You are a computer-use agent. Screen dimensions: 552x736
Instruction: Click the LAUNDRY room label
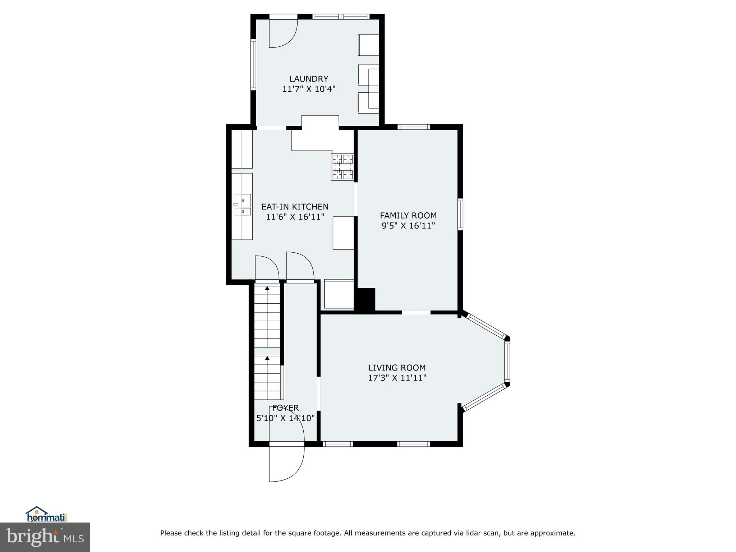309,79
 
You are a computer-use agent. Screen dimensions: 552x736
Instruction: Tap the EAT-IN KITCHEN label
295,207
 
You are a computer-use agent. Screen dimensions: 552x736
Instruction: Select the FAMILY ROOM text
408,216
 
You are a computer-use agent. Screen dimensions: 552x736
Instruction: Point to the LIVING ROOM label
397,368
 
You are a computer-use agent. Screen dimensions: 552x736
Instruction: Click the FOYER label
285,408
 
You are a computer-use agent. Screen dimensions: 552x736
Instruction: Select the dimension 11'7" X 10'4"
309,89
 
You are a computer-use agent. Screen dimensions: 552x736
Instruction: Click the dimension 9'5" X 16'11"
408,226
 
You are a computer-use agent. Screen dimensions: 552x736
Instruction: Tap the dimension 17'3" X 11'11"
397,378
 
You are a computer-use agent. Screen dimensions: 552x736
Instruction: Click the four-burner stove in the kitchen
342,167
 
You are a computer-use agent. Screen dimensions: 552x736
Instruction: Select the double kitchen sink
243,204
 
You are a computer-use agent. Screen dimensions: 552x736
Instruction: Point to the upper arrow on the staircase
267,288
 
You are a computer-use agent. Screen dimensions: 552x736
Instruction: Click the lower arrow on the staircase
267,358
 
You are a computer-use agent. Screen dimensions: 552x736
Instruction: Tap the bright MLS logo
45,537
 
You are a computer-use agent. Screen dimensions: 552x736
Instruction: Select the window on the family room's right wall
460,214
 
